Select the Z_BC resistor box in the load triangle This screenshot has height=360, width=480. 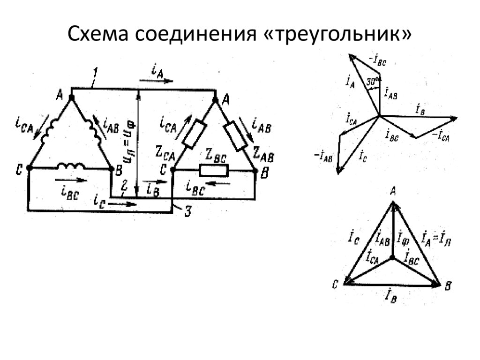[213, 171]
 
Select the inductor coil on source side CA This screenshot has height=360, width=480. [49, 132]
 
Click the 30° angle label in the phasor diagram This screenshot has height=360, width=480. [373, 81]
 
